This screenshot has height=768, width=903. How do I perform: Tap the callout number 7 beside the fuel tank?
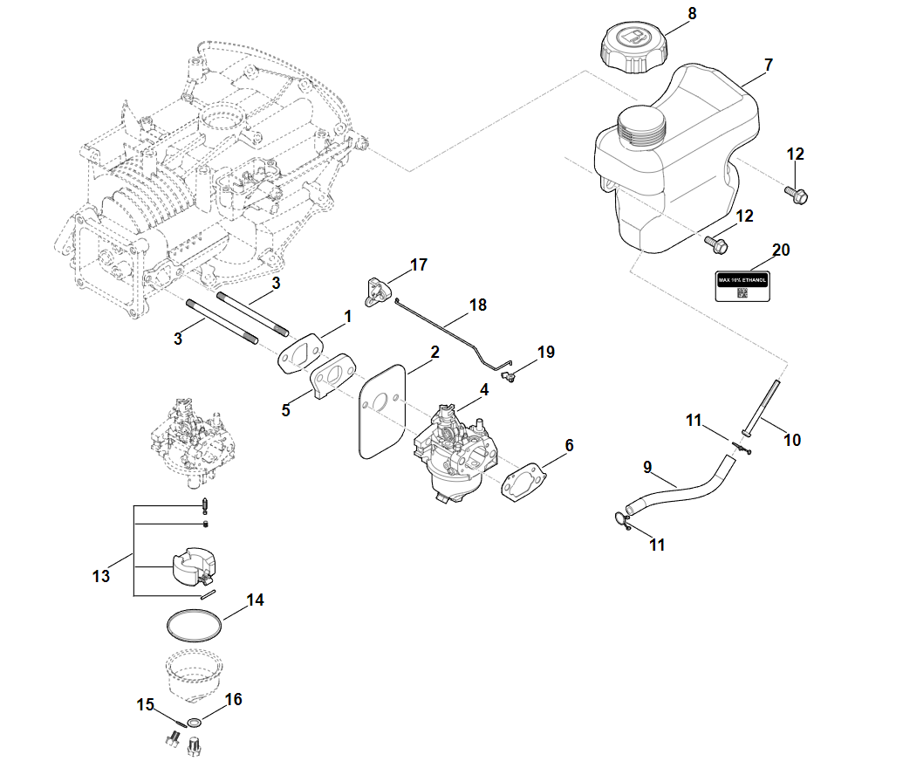click(x=768, y=65)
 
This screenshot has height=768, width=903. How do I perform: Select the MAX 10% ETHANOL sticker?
click(x=742, y=285)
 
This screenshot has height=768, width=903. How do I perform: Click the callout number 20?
click(x=781, y=250)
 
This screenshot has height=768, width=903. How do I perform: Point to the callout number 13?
click(x=101, y=576)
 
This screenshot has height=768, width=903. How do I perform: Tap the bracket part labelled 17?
click(x=378, y=291)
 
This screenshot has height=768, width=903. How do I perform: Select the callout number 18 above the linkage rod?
click(x=477, y=305)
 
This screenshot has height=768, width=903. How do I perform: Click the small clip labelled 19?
click(x=510, y=376)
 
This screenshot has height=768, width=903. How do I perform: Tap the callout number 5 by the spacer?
click(x=285, y=409)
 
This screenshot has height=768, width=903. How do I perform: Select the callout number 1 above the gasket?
click(x=347, y=317)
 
